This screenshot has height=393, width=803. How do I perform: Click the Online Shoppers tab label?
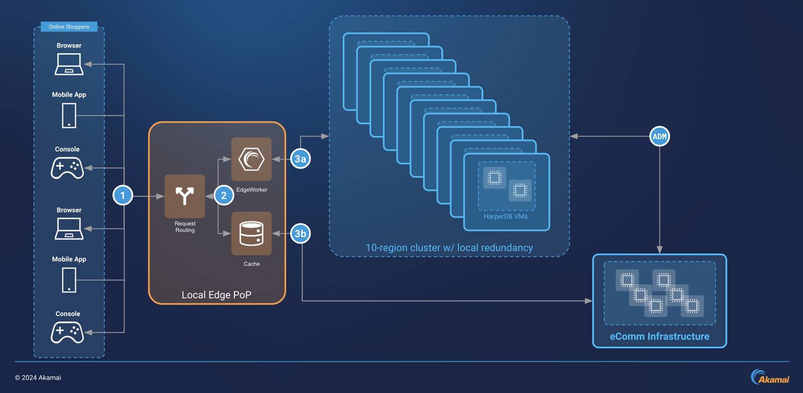pyautogui.click(x=69, y=27)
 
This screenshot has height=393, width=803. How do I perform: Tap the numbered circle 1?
pyautogui.click(x=122, y=195)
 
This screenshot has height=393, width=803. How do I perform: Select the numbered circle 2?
pyautogui.click(x=224, y=195)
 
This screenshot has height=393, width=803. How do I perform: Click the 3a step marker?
pyautogui.click(x=300, y=159)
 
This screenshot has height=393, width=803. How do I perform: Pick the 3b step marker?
pyautogui.click(x=300, y=234)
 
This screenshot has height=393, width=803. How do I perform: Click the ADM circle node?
pyautogui.click(x=659, y=136)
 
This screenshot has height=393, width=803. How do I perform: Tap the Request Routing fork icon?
pyautogui.click(x=185, y=195)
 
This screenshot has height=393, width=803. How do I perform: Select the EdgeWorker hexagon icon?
pyautogui.click(x=251, y=159)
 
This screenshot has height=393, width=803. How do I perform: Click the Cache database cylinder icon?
pyautogui.click(x=251, y=234)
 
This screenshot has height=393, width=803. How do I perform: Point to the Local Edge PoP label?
pyautogui.click(x=216, y=295)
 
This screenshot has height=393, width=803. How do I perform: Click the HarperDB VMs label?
pyautogui.click(x=505, y=217)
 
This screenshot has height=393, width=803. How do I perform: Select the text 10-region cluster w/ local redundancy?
pyautogui.click(x=449, y=248)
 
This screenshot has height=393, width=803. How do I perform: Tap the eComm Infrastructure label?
pyautogui.click(x=659, y=336)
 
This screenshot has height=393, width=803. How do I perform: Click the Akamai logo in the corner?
pyautogui.click(x=770, y=377)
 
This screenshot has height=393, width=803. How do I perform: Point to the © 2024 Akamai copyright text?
pyautogui.click(x=38, y=377)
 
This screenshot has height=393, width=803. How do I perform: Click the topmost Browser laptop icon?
pyautogui.click(x=69, y=65)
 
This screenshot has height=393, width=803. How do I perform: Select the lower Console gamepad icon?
pyautogui.click(x=67, y=332)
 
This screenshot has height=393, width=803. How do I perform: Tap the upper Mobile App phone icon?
pyautogui.click(x=69, y=116)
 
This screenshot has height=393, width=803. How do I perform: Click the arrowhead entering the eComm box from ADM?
pyautogui.click(x=659, y=250)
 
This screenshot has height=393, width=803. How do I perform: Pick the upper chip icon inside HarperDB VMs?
pyautogui.click(x=494, y=177)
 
